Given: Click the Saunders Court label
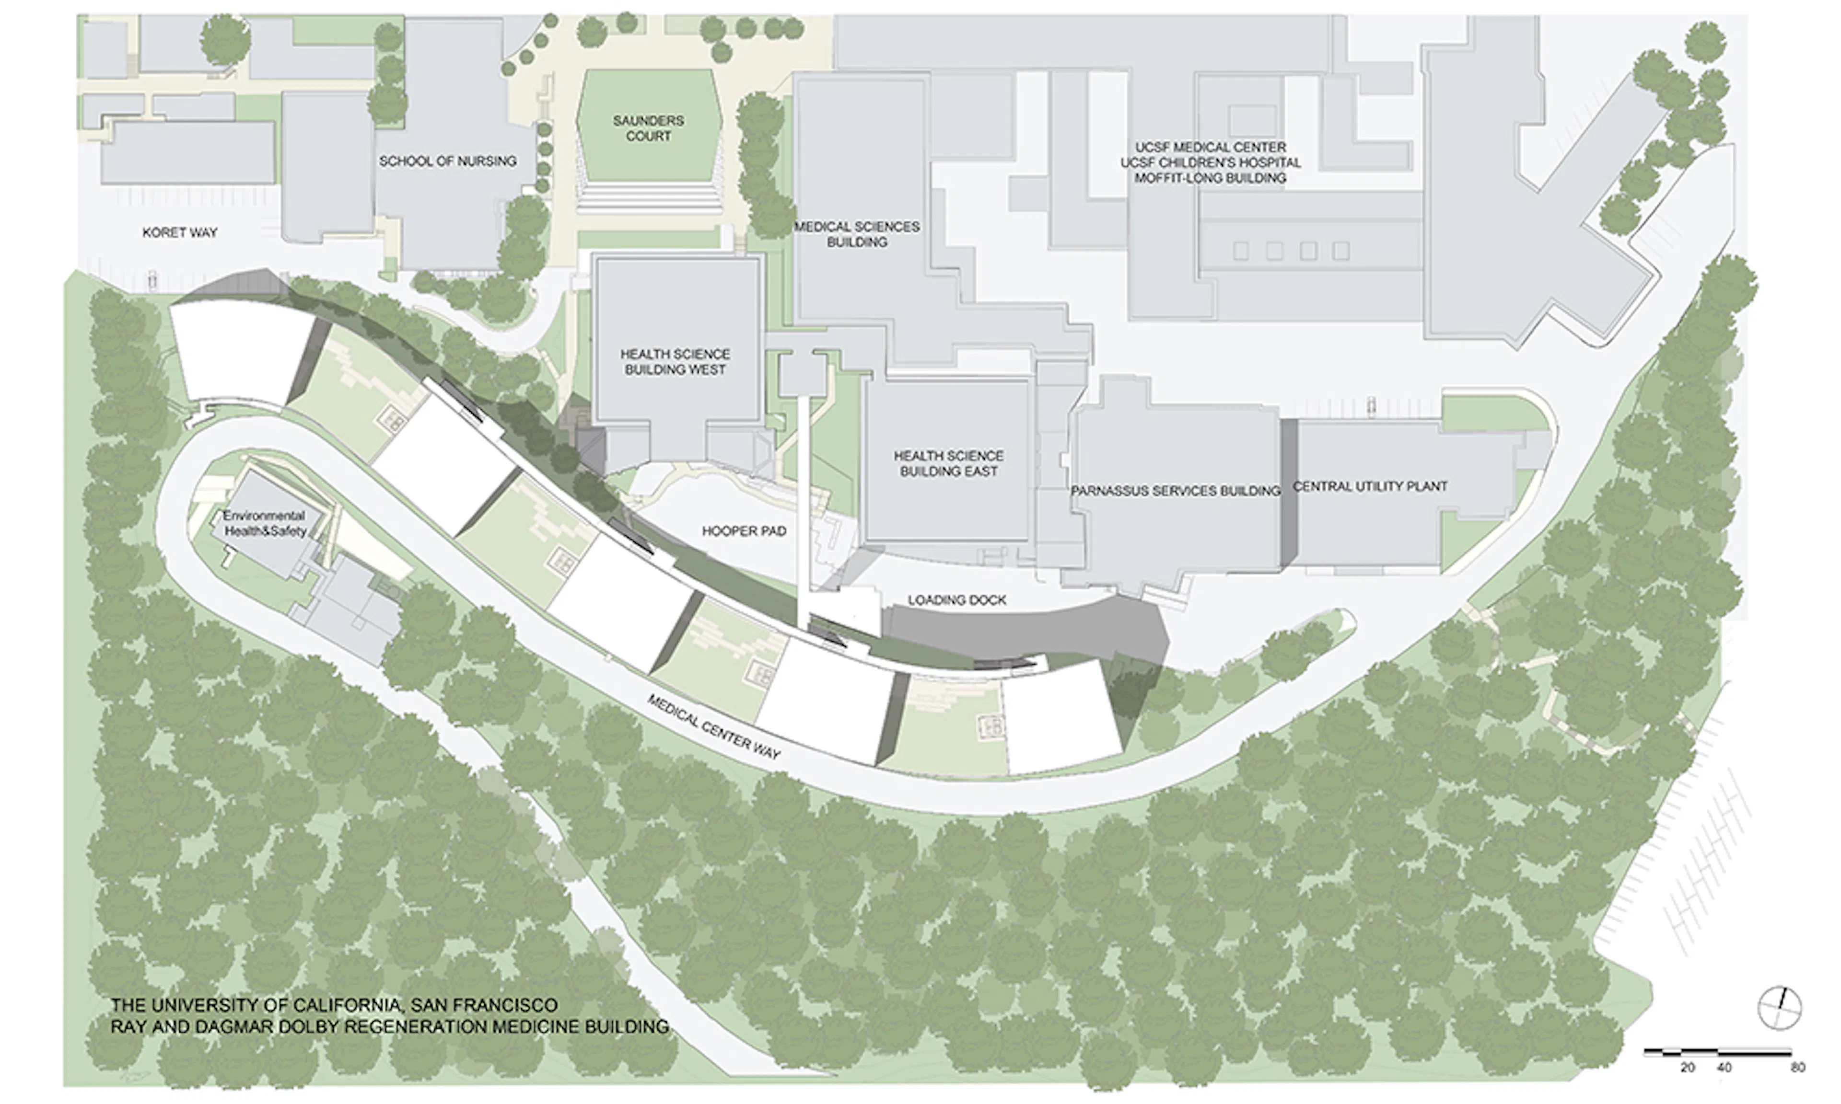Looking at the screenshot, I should click(647, 128).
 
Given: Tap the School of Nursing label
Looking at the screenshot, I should click(447, 161).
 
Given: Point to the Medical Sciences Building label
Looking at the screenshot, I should click(857, 234).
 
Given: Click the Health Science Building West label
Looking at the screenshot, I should click(675, 362).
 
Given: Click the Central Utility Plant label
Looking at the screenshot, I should click(1369, 486).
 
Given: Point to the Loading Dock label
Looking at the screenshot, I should click(956, 599).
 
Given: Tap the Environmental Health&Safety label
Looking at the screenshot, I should click(265, 523).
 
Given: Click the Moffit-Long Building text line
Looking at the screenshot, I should click(1210, 178).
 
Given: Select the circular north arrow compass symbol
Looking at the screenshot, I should click(1779, 1008).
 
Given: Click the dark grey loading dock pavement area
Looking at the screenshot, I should click(1027, 632).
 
